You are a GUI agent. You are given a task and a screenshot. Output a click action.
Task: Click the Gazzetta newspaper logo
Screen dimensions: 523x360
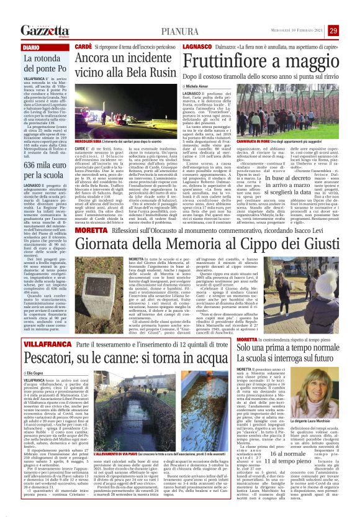44,30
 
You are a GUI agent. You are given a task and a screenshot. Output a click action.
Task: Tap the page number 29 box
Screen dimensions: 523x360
349,30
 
